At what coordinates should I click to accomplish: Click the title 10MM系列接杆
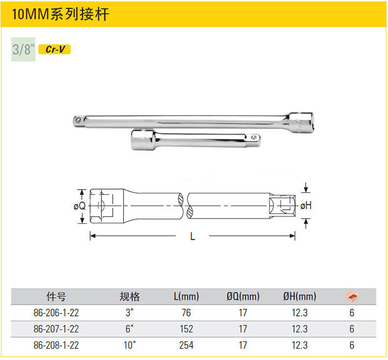[x=61, y=14]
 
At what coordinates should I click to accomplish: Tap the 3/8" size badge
[x=23, y=49]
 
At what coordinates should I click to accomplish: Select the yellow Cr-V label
[x=55, y=49]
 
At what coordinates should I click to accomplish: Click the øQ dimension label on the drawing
[x=80, y=206]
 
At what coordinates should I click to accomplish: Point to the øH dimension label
[x=306, y=206]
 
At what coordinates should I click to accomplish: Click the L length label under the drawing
[x=192, y=236]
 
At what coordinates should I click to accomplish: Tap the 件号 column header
[x=56, y=296]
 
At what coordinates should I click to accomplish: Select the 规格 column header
[x=130, y=296]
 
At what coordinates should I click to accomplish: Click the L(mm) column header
[x=186, y=296]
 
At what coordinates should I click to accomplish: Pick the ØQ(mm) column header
[x=243, y=296]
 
